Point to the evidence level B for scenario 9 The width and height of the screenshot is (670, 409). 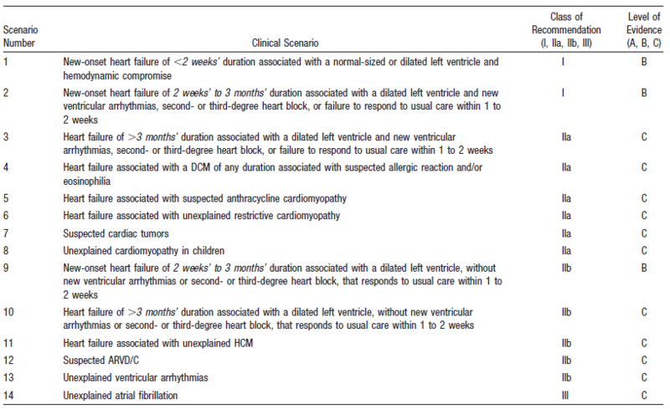(643, 266)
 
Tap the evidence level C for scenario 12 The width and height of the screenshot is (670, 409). (643, 360)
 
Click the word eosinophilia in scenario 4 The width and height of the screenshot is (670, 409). (91, 180)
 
